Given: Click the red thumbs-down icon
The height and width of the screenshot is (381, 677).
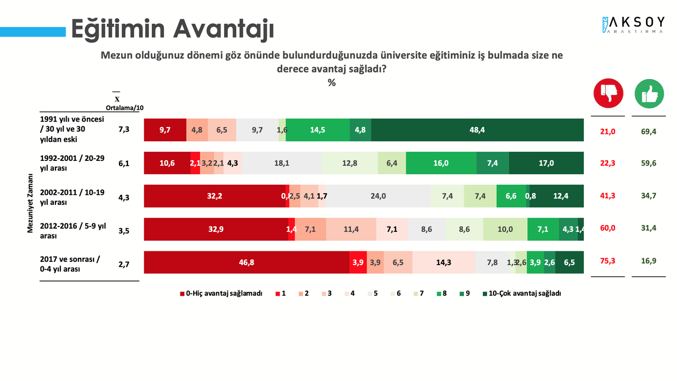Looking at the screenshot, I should (x=608, y=94).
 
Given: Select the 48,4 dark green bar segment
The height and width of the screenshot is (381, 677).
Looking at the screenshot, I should (x=477, y=130).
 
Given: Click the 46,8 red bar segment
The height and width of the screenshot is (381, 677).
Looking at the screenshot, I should (x=246, y=262).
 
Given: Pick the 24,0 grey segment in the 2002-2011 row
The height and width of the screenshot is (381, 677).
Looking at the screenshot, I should (x=378, y=196).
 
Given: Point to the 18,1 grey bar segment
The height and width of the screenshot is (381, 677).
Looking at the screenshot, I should (x=281, y=163).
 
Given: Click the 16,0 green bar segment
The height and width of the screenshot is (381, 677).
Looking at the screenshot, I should (x=441, y=163).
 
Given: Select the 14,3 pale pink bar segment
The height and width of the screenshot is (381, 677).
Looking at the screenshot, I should (x=443, y=262).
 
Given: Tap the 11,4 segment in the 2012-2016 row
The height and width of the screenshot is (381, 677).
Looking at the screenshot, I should (x=351, y=229).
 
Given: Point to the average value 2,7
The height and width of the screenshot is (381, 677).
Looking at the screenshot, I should (x=124, y=262).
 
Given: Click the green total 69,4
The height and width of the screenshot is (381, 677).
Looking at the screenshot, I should (x=648, y=130).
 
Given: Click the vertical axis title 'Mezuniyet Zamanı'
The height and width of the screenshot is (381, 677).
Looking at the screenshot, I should (x=31, y=204).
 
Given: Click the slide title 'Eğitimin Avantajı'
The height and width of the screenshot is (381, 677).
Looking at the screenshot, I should (x=172, y=29).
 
